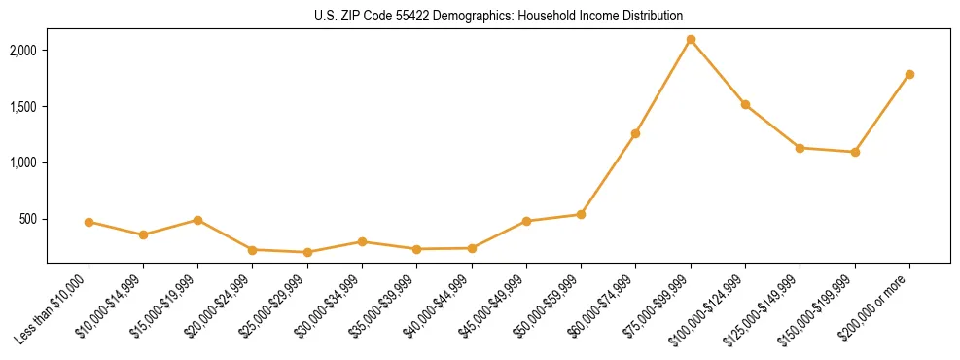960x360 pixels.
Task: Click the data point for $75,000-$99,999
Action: [x=691, y=40]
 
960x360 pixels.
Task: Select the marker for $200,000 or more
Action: [x=909, y=74]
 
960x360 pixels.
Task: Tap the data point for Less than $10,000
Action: [x=89, y=222]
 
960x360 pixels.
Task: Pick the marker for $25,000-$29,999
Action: [x=307, y=252]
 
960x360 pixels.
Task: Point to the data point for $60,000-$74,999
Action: [x=635, y=133]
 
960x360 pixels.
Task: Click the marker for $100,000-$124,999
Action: [x=745, y=104]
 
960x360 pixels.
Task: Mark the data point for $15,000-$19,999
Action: [x=197, y=220]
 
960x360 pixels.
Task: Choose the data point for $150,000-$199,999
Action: [x=855, y=152]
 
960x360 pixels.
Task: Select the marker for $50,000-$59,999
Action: [x=581, y=214]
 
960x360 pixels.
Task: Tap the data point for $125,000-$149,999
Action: [x=800, y=148]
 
